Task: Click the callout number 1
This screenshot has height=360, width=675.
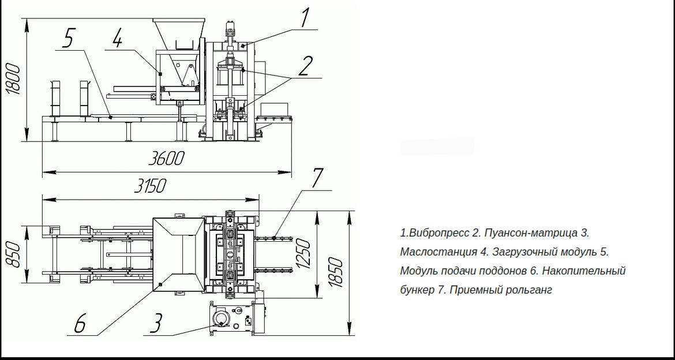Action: tap(305, 18)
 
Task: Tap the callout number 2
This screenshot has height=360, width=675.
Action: tap(305, 67)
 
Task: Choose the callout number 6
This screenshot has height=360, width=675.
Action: tap(81, 323)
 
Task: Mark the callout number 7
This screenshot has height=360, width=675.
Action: tap(317, 178)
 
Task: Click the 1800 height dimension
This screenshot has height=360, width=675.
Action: tap(13, 79)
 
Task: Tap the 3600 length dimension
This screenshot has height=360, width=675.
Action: tap(167, 159)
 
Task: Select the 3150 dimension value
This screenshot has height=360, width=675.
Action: tap(149, 186)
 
